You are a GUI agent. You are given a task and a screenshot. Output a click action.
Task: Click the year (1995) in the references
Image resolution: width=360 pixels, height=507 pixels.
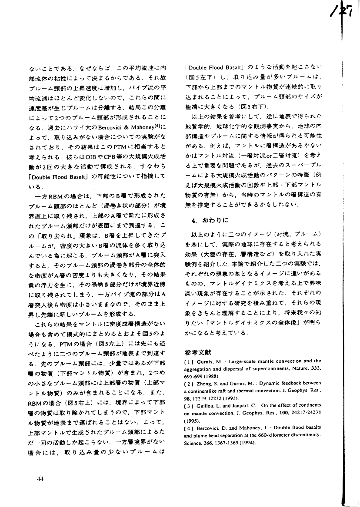pos(191,421)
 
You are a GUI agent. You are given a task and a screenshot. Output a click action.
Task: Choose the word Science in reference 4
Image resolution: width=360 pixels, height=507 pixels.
pos(193,443)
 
